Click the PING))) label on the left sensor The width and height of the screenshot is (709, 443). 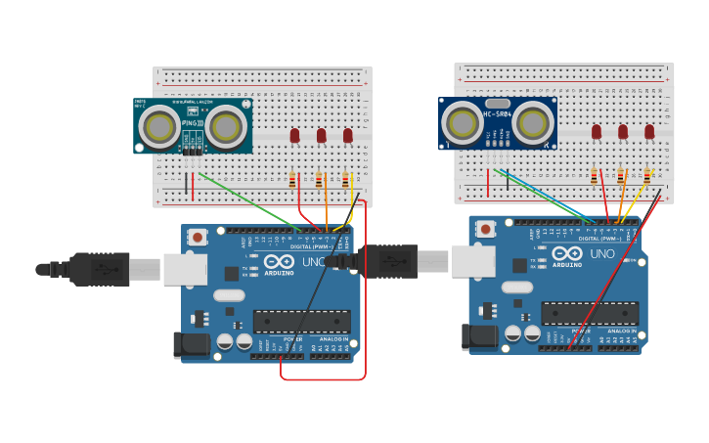pyautogui.click(x=193, y=124)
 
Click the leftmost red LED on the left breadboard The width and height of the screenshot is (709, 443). pyautogui.click(x=294, y=135)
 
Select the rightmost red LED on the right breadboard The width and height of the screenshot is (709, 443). pyautogui.click(x=649, y=131)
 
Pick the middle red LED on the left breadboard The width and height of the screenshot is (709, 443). pyautogui.click(x=321, y=135)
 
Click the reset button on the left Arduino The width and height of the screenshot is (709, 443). pyautogui.click(x=198, y=237)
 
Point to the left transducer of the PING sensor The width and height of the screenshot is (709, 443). pyautogui.click(x=158, y=125)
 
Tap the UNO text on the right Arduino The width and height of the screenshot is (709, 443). pyautogui.click(x=602, y=254)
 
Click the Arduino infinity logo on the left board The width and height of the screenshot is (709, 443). pyautogui.click(x=279, y=261)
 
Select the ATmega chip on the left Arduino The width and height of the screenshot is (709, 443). pyautogui.click(x=301, y=321)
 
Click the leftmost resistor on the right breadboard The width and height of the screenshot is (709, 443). pyautogui.click(x=594, y=176)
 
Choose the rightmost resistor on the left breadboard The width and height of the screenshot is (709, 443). pyautogui.click(x=345, y=180)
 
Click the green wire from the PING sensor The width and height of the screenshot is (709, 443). pyautogui.click(x=249, y=200)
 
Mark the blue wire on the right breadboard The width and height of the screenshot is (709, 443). pyautogui.click(x=548, y=196)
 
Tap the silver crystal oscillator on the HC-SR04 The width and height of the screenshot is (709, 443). pyautogui.click(x=498, y=103)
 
